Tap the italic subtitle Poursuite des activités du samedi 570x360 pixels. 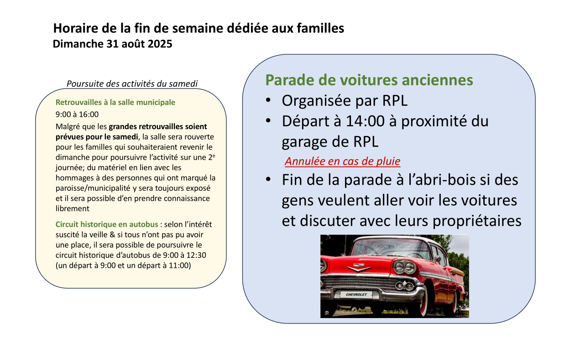coord(132,83)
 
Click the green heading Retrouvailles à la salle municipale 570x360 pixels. coord(115,102)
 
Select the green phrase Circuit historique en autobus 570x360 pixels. coord(107,224)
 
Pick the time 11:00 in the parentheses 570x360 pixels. coord(179,265)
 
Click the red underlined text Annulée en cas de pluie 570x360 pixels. coord(342,161)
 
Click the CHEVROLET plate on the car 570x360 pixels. coord(356,295)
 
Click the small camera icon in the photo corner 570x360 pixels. coord(326,313)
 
